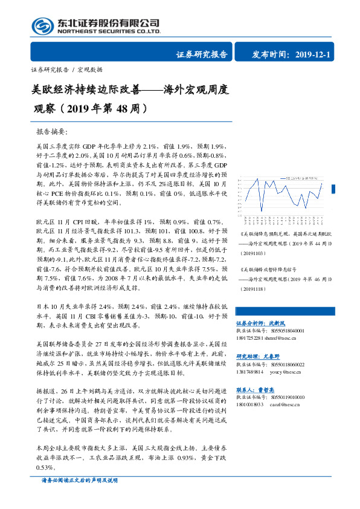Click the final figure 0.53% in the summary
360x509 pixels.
point(46,468)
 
